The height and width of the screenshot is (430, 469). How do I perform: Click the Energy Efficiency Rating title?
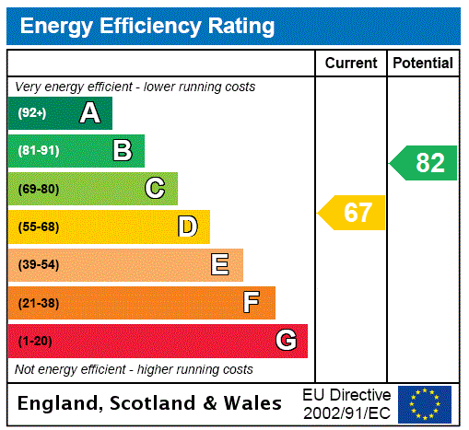[x=147, y=26]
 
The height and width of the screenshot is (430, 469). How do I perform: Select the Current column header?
[x=351, y=63]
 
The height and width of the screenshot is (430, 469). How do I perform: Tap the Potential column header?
[x=423, y=63]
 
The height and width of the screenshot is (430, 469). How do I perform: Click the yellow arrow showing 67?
[x=353, y=213]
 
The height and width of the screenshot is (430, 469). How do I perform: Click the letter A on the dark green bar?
[x=89, y=113]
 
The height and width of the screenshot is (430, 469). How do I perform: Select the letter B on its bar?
[x=123, y=151]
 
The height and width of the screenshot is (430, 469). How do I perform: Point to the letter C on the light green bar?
[x=155, y=189]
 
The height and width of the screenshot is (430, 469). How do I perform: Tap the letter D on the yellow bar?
[x=187, y=227]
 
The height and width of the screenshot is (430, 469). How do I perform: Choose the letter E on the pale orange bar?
[x=220, y=265]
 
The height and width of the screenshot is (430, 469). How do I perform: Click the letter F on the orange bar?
[x=252, y=303]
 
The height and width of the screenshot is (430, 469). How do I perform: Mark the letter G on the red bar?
[x=286, y=341]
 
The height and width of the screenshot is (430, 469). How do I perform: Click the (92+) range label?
[x=31, y=113]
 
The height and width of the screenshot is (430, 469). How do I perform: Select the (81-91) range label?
[x=38, y=151]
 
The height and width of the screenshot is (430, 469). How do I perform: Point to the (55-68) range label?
[x=38, y=227]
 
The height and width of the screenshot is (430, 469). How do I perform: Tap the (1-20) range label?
[x=35, y=341]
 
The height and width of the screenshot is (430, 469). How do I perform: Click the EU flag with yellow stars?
[x=425, y=403]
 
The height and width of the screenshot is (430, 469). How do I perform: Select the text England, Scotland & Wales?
[x=149, y=403]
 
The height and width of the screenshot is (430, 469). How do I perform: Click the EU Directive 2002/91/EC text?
[x=346, y=403]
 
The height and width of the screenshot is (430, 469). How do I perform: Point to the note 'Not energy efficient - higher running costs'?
[x=134, y=369]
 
